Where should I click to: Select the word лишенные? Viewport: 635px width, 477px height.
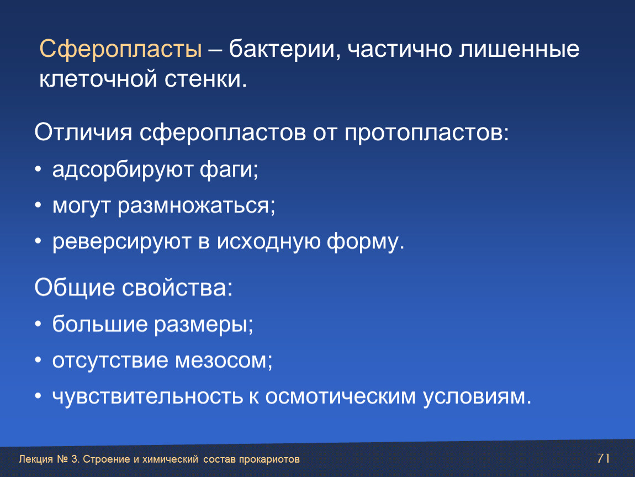(519, 49)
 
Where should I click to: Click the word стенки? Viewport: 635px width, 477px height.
(206, 78)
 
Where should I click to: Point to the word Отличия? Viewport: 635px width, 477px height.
(83, 132)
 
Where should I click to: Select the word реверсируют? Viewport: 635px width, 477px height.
(121, 242)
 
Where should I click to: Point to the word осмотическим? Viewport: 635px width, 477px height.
(341, 397)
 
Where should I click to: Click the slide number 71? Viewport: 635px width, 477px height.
(604, 458)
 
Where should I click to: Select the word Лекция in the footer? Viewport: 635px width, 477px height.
(36, 459)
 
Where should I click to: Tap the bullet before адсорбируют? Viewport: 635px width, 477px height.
(38, 169)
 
